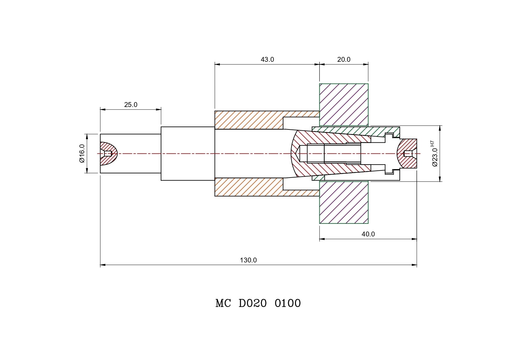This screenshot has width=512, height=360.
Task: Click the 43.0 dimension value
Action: [x=267, y=60]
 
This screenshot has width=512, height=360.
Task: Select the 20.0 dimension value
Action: [x=344, y=60]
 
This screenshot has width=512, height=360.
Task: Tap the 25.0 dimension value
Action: [x=131, y=105]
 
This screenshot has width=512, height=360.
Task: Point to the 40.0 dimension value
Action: [x=368, y=234]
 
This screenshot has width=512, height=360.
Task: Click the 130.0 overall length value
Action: [x=249, y=260]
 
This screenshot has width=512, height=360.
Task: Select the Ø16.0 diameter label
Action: [x=82, y=153]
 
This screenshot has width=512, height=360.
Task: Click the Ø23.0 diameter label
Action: [x=435, y=157]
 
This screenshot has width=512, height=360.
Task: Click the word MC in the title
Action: [x=223, y=303]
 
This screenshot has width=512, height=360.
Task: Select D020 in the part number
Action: [x=253, y=303]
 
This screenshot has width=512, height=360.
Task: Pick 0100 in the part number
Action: [x=288, y=303]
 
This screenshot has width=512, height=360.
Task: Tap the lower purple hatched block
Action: [x=344, y=202]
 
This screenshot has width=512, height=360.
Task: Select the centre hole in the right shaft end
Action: [x=408, y=153]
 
